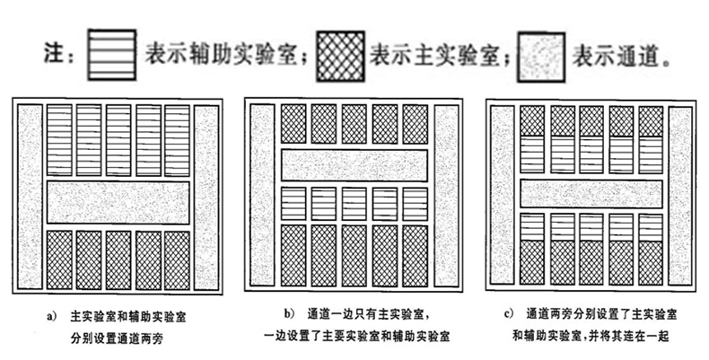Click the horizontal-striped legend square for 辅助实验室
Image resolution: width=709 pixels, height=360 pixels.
click(x=110, y=54)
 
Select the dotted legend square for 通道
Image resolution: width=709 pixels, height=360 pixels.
click(x=537, y=54)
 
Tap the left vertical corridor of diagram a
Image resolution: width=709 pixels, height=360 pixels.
click(x=31, y=197)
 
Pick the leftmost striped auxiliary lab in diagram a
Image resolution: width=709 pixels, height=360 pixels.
click(x=58, y=139)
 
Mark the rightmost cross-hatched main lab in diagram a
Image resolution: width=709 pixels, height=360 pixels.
click(x=177, y=260)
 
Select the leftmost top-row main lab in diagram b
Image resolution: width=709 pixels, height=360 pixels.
click(x=293, y=124)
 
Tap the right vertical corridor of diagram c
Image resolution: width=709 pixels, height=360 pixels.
click(x=681, y=197)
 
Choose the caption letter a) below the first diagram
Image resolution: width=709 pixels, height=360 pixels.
click(x=53, y=316)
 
